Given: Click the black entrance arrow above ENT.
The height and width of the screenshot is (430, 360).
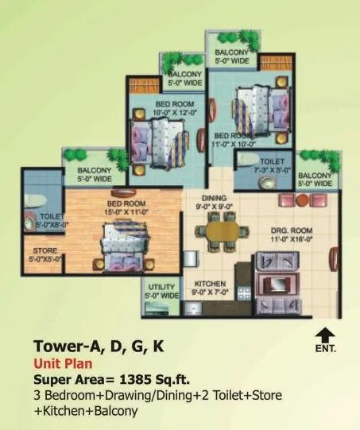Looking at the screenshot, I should tap(323, 335).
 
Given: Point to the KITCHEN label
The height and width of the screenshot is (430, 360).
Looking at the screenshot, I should tap(210, 284).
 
